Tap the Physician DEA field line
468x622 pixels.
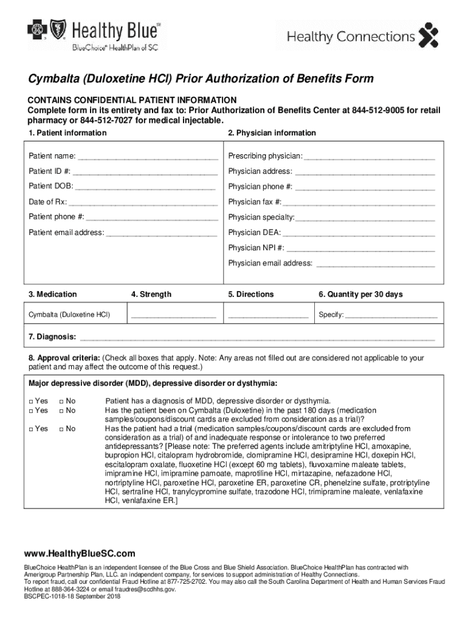[x=359, y=233]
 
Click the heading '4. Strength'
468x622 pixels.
[x=151, y=295]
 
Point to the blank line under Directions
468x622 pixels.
[x=267, y=316]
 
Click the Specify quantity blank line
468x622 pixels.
[x=391, y=316]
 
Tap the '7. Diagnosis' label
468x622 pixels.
[x=52, y=337]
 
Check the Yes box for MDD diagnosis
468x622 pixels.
[x=32, y=402]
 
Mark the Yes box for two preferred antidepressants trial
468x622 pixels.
[x=32, y=429]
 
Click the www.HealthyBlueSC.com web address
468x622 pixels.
[x=80, y=554]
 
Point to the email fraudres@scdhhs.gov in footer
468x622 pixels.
[x=146, y=589]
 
